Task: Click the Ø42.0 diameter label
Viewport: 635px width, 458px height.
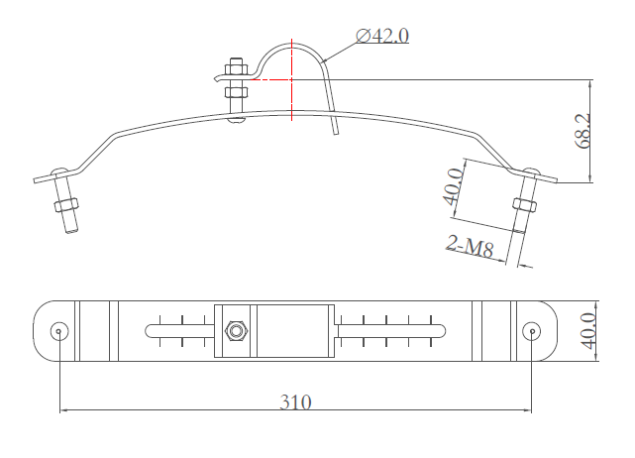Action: [x=382, y=36]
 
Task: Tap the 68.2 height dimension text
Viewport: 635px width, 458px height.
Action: [x=582, y=131]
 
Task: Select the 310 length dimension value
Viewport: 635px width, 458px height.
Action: [x=295, y=402]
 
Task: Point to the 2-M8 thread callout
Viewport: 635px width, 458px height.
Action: [x=471, y=245]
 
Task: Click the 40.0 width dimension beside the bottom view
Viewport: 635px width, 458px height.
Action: [x=588, y=331]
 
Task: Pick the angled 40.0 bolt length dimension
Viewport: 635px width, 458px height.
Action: [x=453, y=186]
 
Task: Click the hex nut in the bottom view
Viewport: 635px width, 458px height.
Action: [x=236, y=331]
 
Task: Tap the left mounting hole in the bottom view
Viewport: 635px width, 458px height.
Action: [x=59, y=331]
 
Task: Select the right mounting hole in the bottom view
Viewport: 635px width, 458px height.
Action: [x=531, y=331]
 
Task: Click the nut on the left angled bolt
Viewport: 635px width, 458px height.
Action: [x=66, y=205]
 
